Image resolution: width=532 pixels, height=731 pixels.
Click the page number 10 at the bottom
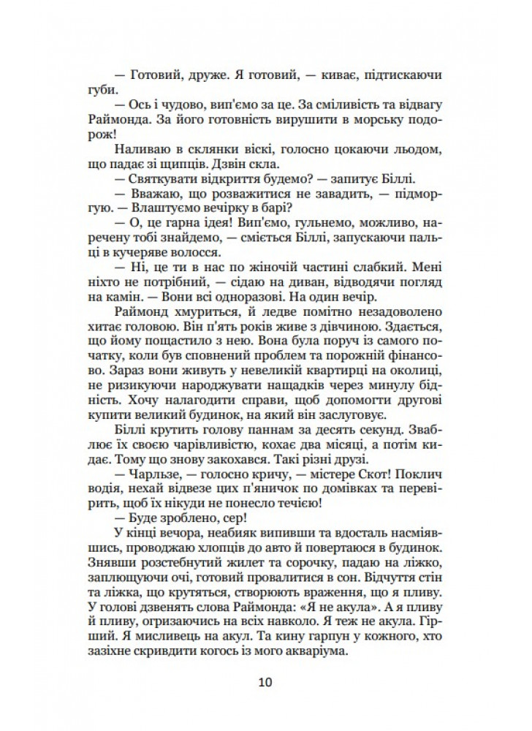tap(265, 683)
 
